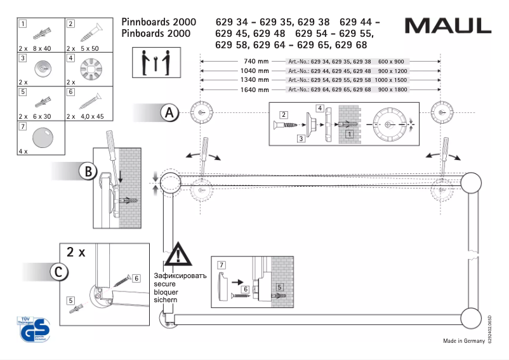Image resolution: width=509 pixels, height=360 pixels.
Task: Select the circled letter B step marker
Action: pos(89,171)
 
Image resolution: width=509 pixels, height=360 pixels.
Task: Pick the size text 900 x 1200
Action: pos(392,71)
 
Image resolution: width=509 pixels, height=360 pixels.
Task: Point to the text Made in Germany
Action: pos(463,342)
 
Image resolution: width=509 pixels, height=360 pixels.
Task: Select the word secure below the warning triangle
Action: pos(164,284)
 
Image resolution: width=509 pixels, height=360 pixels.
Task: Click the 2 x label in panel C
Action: pos(76,252)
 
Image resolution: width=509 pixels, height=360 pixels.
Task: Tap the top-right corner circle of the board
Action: pos(471,183)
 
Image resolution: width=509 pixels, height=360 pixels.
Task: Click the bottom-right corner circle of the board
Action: pos(471,318)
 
